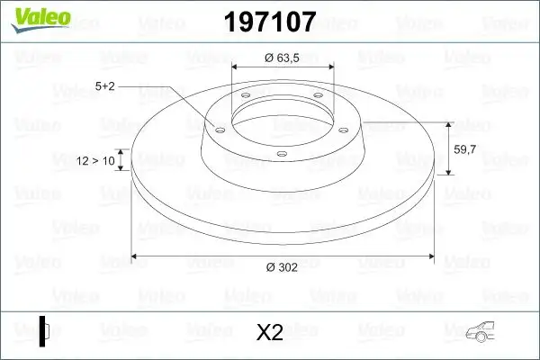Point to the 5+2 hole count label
[106, 86]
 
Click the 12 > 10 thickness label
[96, 161]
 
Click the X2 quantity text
[269, 333]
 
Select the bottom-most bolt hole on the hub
[281, 153]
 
